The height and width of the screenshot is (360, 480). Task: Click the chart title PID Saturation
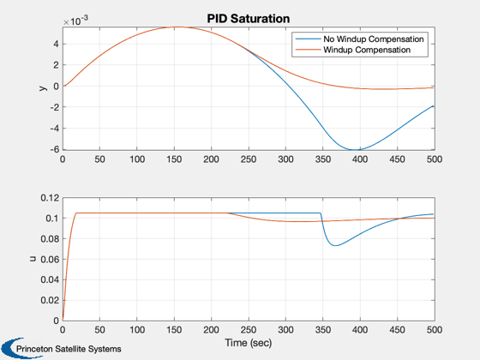click(249, 19)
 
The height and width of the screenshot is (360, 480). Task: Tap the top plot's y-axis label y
click(43, 88)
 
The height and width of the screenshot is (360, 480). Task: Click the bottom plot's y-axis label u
click(33, 259)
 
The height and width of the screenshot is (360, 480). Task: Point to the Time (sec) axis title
click(249, 343)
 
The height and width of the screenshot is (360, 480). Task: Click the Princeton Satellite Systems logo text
click(69, 349)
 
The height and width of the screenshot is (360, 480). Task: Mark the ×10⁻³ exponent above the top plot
click(75, 21)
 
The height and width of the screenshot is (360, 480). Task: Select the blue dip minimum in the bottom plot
click(335, 245)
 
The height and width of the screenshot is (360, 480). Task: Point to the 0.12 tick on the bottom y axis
click(50, 198)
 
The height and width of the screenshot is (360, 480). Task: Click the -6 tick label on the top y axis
click(55, 149)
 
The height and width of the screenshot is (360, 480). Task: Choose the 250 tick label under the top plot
click(249, 159)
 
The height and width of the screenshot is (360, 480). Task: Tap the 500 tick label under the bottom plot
click(435, 330)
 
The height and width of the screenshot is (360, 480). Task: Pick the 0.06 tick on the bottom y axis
click(50, 259)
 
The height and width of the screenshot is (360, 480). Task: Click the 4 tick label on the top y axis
click(56, 44)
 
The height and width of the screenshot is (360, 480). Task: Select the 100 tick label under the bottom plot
click(137, 330)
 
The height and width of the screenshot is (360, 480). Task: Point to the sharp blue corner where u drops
click(321, 213)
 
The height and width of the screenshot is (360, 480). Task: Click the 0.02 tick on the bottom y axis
click(50, 300)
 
